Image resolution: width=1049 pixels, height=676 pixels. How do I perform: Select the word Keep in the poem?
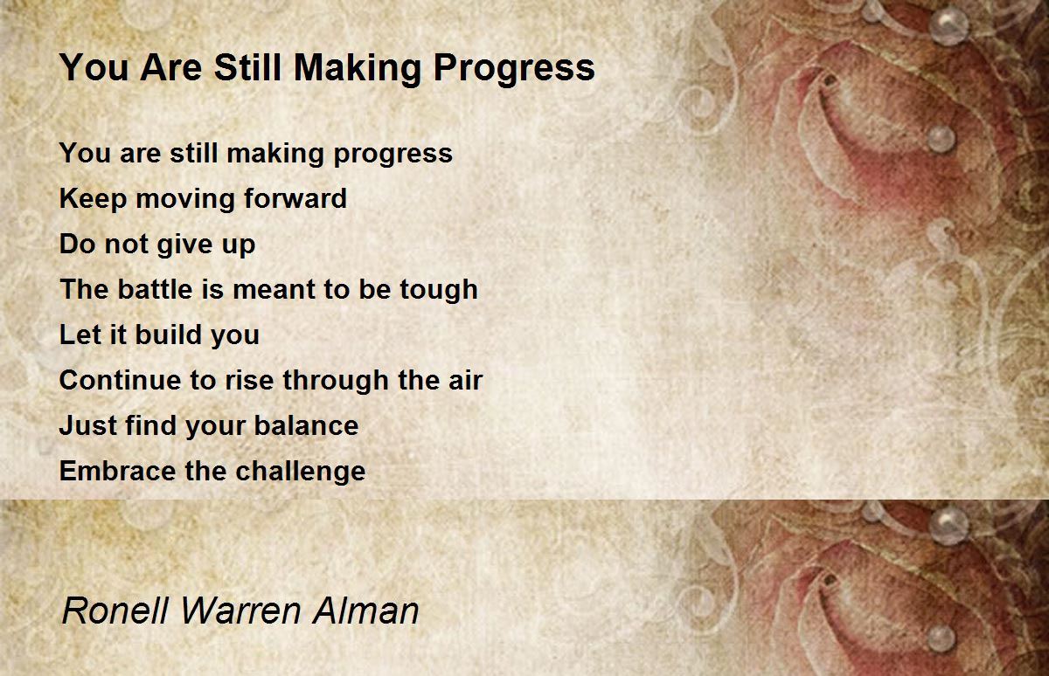[81, 198]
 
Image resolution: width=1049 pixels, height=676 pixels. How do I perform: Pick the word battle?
[154, 289]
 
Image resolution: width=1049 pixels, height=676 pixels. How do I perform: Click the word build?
[162, 335]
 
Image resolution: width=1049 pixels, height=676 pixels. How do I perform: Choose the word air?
[463, 380]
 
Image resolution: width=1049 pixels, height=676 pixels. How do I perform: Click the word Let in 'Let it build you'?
[73, 335]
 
